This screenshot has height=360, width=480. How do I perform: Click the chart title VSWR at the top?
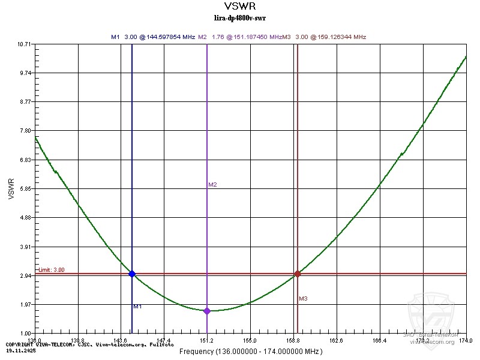pos(240,7)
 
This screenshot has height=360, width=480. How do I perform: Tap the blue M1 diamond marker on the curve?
pos(132,274)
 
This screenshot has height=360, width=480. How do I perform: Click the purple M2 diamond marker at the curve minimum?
pos(207,311)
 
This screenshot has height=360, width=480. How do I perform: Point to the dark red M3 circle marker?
pos(297,274)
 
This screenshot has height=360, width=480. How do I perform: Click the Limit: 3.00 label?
pos(51,270)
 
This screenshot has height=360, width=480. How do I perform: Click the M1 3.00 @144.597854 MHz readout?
pos(153,37)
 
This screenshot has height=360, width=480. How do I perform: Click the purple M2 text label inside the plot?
pos(212,185)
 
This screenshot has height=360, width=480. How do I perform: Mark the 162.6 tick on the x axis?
pos(336,341)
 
